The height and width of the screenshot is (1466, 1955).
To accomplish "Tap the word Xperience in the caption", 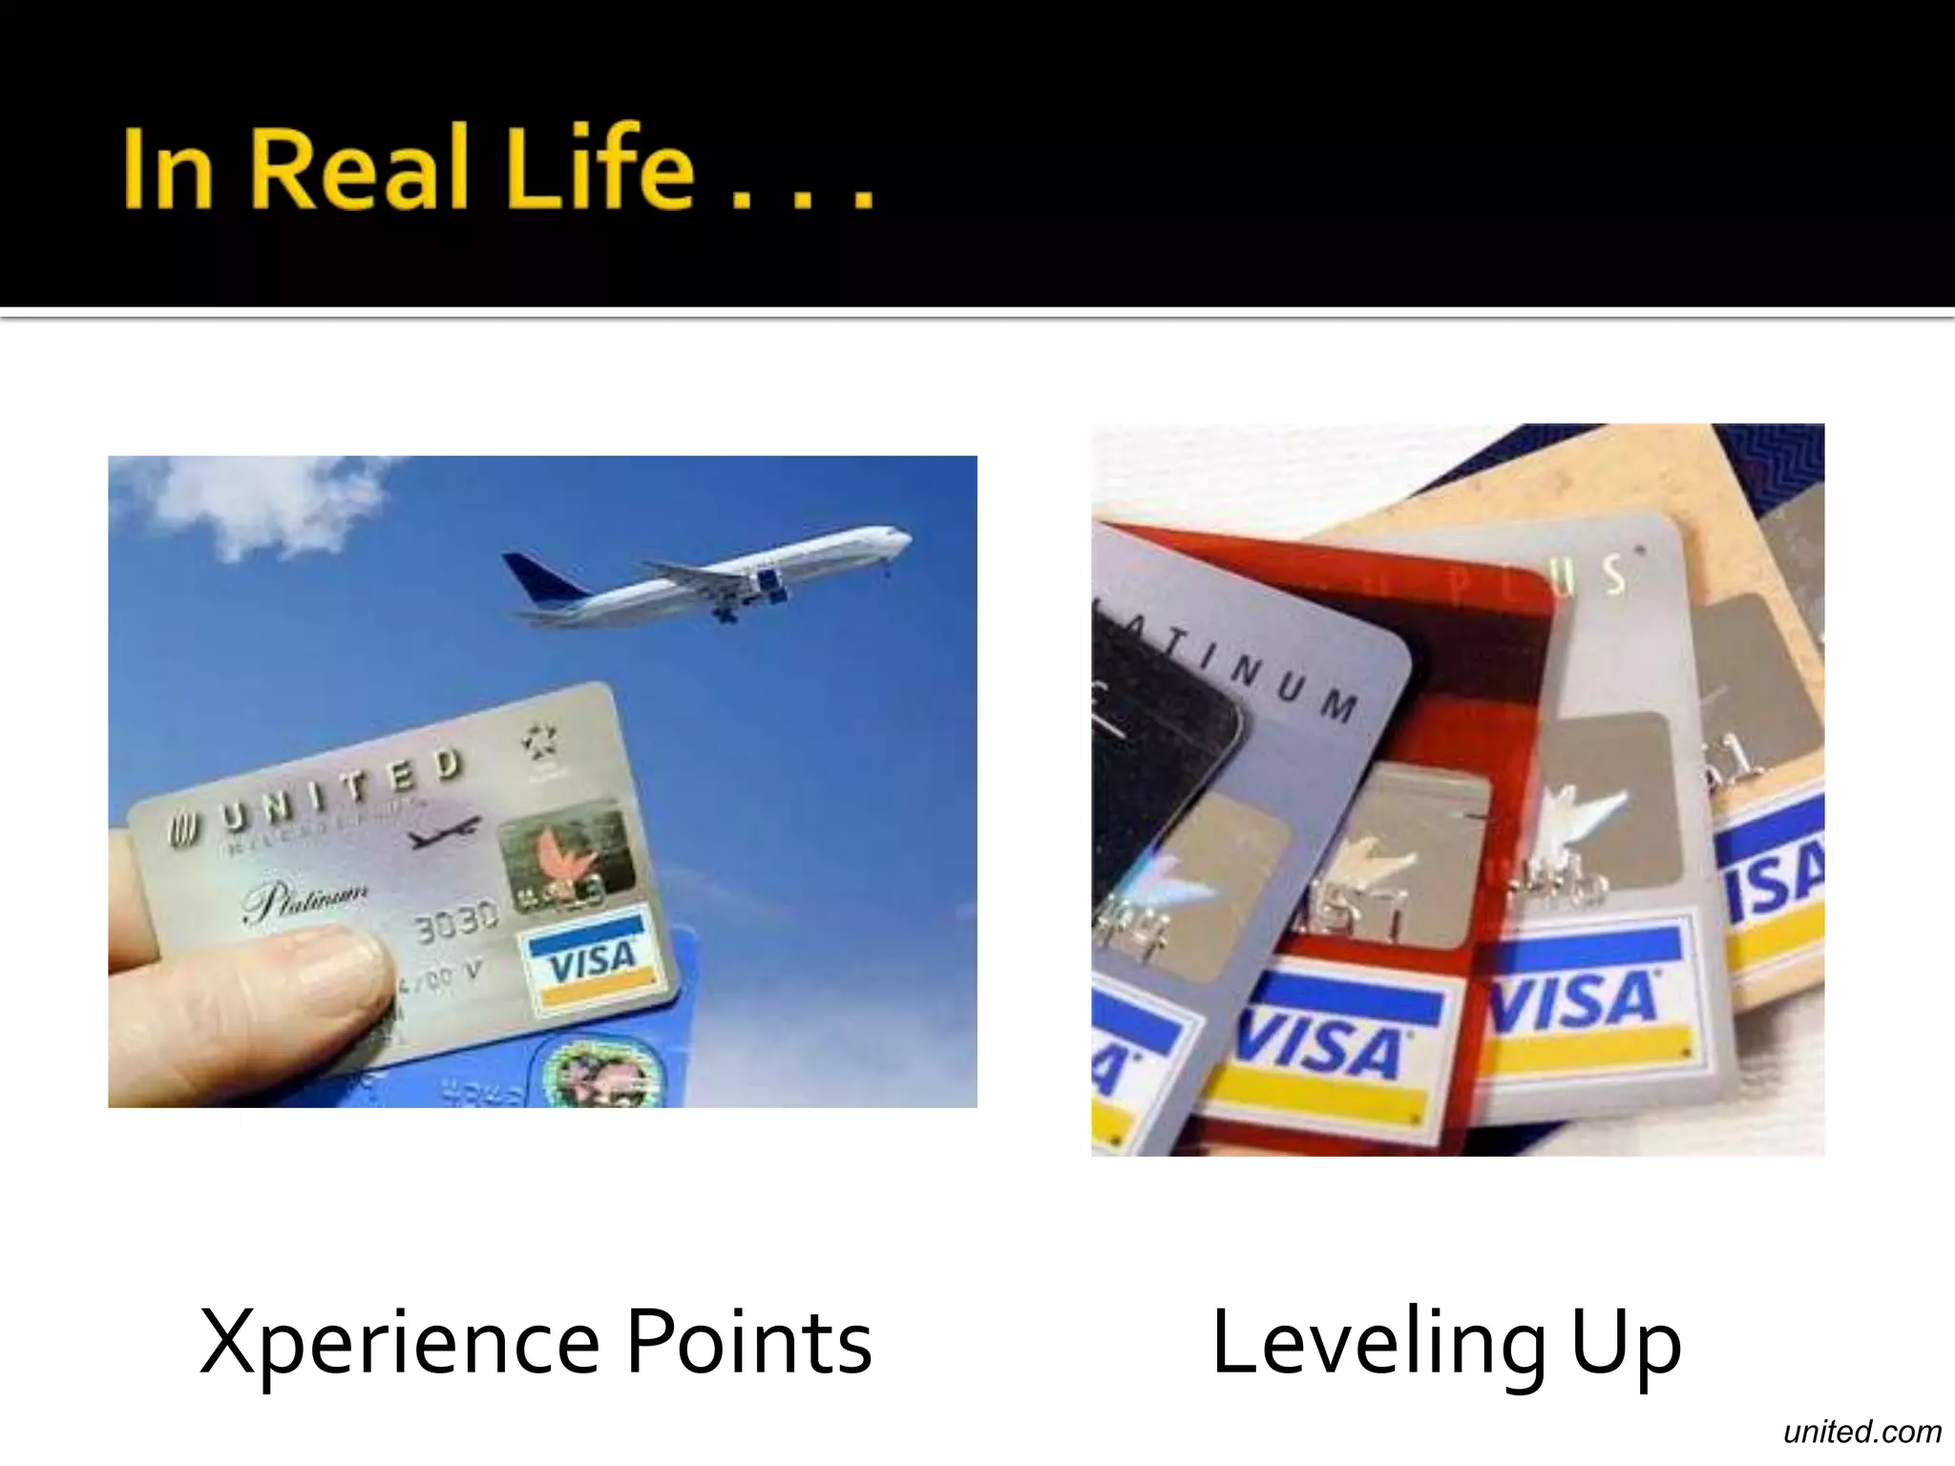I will coord(399,1342).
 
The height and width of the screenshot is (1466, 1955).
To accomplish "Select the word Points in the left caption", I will coord(749,1342).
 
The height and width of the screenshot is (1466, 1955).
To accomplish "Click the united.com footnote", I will coord(1861,1432).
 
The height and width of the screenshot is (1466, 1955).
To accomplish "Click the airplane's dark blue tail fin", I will coord(540,578).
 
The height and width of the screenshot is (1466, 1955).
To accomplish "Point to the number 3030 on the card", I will coord(456,920).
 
